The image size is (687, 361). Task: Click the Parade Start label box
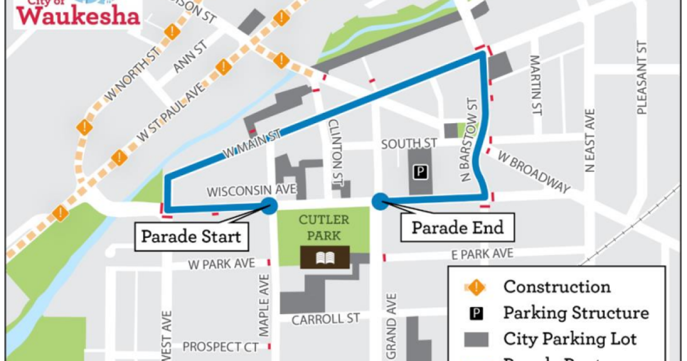191,236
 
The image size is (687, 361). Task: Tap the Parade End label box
457,227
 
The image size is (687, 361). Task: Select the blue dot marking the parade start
269,206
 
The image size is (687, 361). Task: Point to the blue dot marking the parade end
380,201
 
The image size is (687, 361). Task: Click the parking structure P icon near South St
421,171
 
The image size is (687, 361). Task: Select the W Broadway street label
534,171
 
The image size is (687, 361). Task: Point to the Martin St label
536,85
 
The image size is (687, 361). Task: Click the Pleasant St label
642,79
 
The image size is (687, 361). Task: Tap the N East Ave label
589,140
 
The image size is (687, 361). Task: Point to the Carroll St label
325,319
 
